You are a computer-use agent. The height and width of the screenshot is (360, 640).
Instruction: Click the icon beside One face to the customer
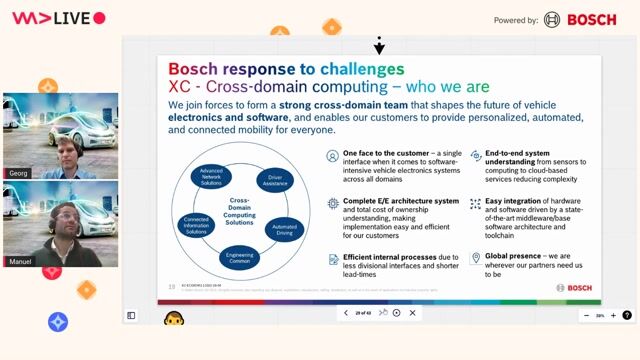(x=333, y=156)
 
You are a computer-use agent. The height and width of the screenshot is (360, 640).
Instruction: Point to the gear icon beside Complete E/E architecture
(x=333, y=203)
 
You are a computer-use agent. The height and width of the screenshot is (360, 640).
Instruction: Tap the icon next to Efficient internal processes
(x=333, y=258)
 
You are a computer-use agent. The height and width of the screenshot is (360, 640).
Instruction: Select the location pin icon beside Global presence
(x=475, y=258)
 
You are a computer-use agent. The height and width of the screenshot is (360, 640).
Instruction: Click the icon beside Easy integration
(x=475, y=203)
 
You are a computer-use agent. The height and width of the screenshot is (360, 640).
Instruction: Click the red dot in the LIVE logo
(x=98, y=18)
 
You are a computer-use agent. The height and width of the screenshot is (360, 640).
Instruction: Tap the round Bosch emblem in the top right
(x=552, y=19)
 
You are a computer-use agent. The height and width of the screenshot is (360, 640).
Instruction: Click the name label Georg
(x=18, y=173)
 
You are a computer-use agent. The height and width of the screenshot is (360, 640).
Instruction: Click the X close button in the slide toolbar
(x=412, y=313)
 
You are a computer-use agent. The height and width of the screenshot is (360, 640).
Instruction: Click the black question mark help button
(x=626, y=314)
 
